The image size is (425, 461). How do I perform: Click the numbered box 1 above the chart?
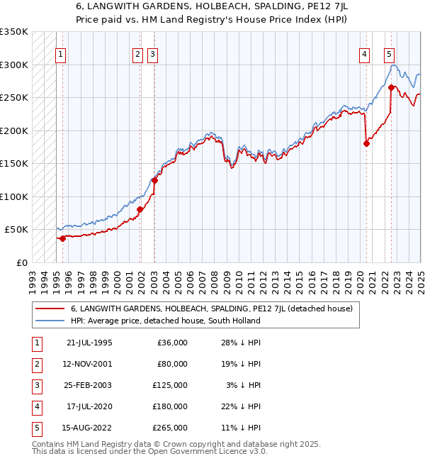(62, 53)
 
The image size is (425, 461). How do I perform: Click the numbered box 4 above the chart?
(364, 53)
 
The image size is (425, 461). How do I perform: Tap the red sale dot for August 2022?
(391, 88)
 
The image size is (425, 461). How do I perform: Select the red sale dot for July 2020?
(366, 143)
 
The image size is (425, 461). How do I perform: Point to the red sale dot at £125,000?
(154, 180)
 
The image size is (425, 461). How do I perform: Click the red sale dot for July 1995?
(62, 238)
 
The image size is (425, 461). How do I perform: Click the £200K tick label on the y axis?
(13, 130)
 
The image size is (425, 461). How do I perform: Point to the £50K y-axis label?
(16, 230)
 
